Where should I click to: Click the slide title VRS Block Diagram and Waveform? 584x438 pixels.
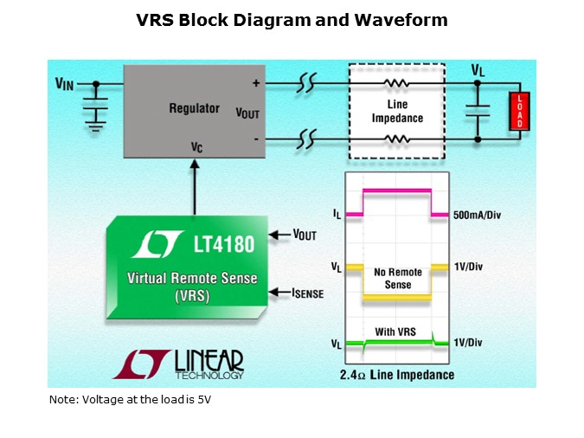(292, 20)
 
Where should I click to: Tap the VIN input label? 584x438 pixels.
(64, 84)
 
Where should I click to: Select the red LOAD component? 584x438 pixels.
(519, 111)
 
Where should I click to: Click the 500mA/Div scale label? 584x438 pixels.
(477, 214)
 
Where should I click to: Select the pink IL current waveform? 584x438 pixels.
(398, 190)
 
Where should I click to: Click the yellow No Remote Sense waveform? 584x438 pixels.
(398, 297)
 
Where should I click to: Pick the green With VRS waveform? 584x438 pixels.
(398, 345)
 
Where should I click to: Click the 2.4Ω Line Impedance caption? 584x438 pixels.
(397, 375)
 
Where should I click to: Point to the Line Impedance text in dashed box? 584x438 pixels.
(396, 112)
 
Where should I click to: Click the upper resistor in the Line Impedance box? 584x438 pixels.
(396, 85)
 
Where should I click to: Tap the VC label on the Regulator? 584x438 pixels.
(197, 147)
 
